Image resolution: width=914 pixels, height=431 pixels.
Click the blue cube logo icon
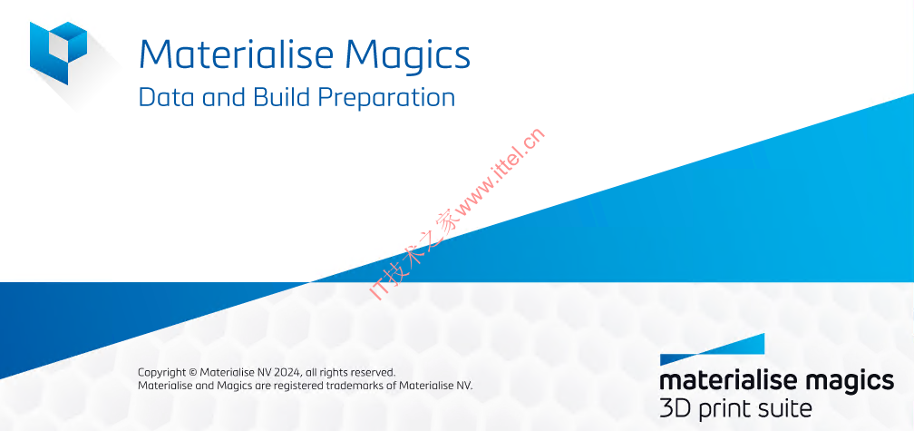[58, 53]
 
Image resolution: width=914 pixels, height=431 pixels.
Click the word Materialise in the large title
[236, 54]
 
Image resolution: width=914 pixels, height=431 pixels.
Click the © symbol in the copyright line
[193, 372]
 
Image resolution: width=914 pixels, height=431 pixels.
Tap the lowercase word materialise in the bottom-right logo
[734, 380]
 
